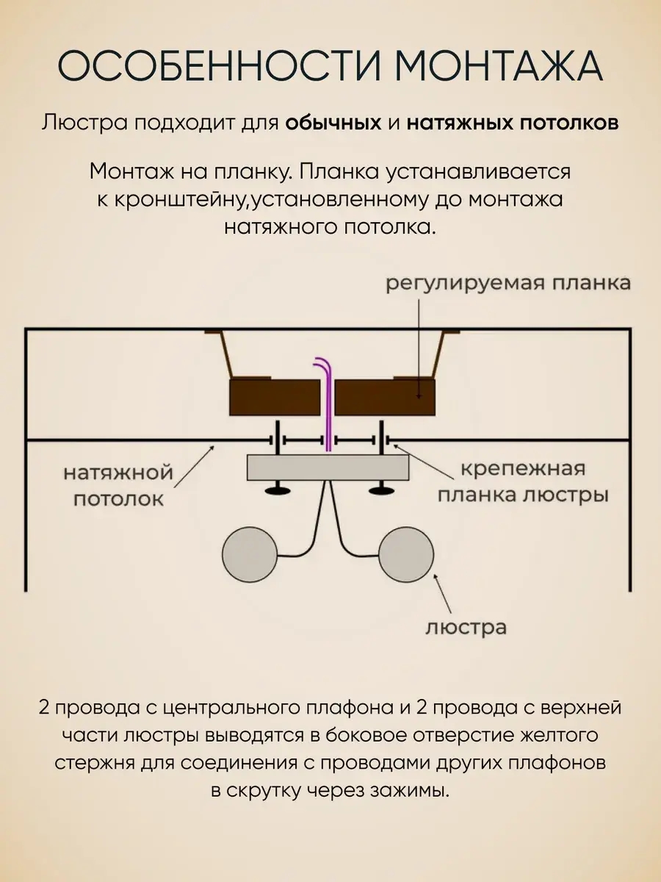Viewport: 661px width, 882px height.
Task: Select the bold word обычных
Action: tap(333, 123)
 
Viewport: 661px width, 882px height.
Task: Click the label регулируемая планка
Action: tap(508, 284)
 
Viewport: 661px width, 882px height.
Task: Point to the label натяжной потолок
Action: tap(118, 485)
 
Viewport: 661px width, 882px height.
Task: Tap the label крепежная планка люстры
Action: tap(523, 482)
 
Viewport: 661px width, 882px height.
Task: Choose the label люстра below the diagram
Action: tap(466, 628)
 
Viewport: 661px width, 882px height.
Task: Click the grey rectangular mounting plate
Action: tap(328, 467)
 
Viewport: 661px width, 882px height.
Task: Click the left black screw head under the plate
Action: tap(277, 490)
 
